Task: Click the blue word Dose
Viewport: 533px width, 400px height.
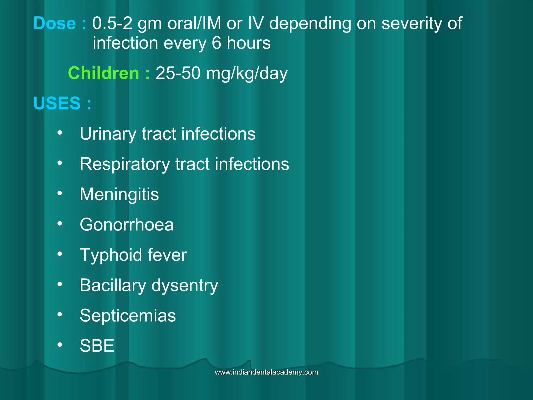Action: point(54,23)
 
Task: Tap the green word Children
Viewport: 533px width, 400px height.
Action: point(103,73)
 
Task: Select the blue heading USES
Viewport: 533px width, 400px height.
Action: point(57,103)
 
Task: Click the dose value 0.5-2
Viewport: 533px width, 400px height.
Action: point(112,23)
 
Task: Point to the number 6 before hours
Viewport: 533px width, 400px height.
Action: point(216,43)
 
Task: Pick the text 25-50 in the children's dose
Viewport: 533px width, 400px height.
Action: point(178,73)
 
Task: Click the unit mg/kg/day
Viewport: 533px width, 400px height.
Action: point(247,74)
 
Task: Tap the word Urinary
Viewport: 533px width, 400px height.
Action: point(108,134)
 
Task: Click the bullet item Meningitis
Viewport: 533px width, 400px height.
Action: point(119,195)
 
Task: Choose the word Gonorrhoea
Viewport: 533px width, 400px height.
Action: point(126,225)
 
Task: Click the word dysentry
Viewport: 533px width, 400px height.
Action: point(185,286)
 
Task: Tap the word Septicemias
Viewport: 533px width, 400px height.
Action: point(128,316)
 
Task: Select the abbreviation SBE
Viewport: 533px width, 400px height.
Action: point(97,346)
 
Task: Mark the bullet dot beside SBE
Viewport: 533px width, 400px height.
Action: point(60,345)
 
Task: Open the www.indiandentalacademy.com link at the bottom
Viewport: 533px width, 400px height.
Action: point(266,372)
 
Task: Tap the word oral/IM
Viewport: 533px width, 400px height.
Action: point(194,23)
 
